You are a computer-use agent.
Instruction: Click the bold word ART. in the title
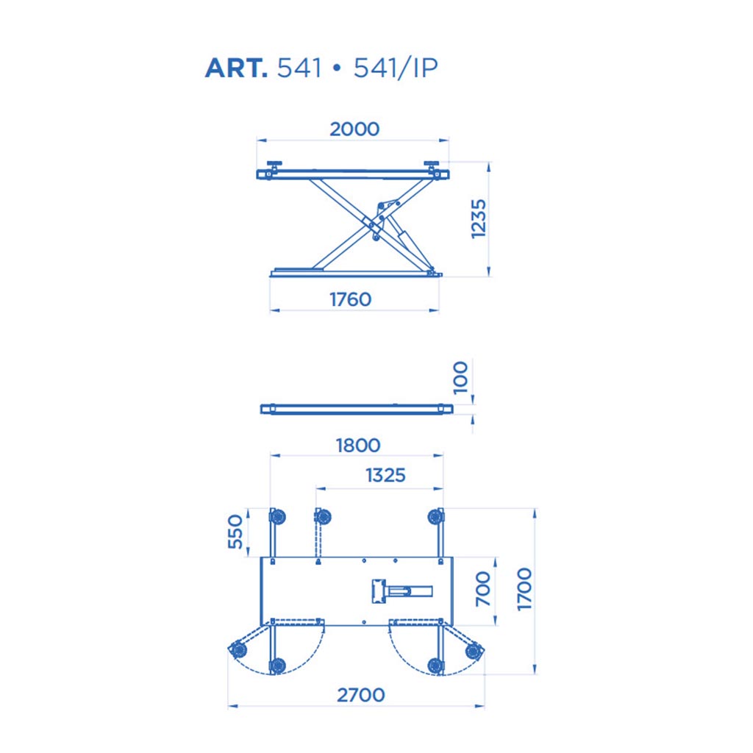tap(236, 68)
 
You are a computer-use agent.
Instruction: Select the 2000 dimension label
tap(354, 129)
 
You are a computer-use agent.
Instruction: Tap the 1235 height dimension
tap(478, 219)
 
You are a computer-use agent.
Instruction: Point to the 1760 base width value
tap(351, 300)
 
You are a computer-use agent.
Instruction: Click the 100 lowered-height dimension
tap(460, 377)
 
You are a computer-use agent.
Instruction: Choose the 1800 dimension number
tap(358, 446)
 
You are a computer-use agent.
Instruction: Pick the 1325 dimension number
tap(385, 476)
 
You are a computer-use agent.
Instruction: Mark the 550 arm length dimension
tap(235, 531)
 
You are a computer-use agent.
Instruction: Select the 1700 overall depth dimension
tap(524, 589)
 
